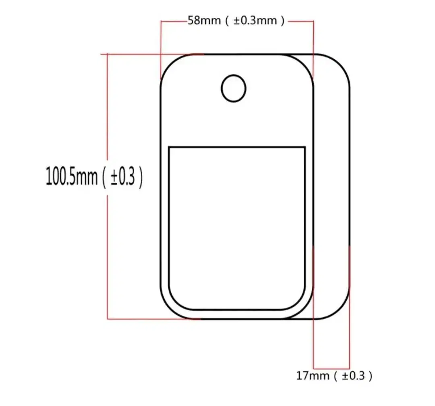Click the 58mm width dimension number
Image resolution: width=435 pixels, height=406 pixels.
[204, 21]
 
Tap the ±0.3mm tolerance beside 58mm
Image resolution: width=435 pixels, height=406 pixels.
[255, 21]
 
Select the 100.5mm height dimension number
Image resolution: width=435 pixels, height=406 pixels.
[72, 176]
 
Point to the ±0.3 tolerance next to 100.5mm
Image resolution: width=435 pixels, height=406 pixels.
[122, 176]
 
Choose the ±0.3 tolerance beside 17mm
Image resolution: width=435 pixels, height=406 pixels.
[353, 376]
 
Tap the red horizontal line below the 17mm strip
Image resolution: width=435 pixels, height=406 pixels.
[331, 369]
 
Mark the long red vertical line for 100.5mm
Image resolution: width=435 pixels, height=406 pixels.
[108, 186]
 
